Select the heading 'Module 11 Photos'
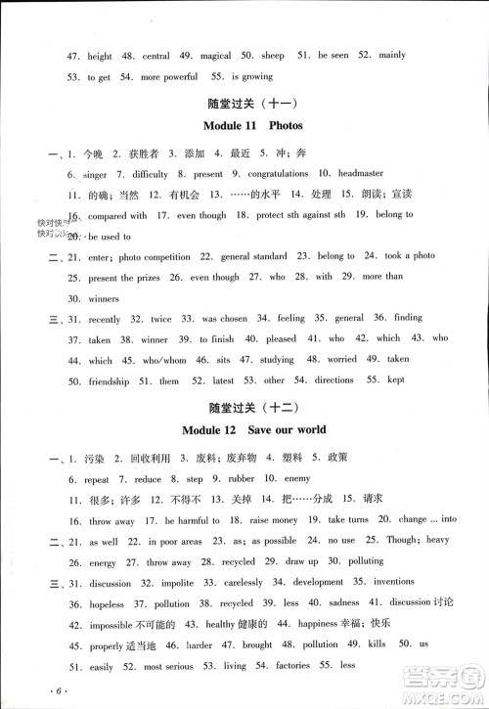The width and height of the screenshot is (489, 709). point(252,125)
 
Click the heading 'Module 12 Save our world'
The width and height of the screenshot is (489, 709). point(252,429)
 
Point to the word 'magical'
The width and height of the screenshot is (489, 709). point(216,57)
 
